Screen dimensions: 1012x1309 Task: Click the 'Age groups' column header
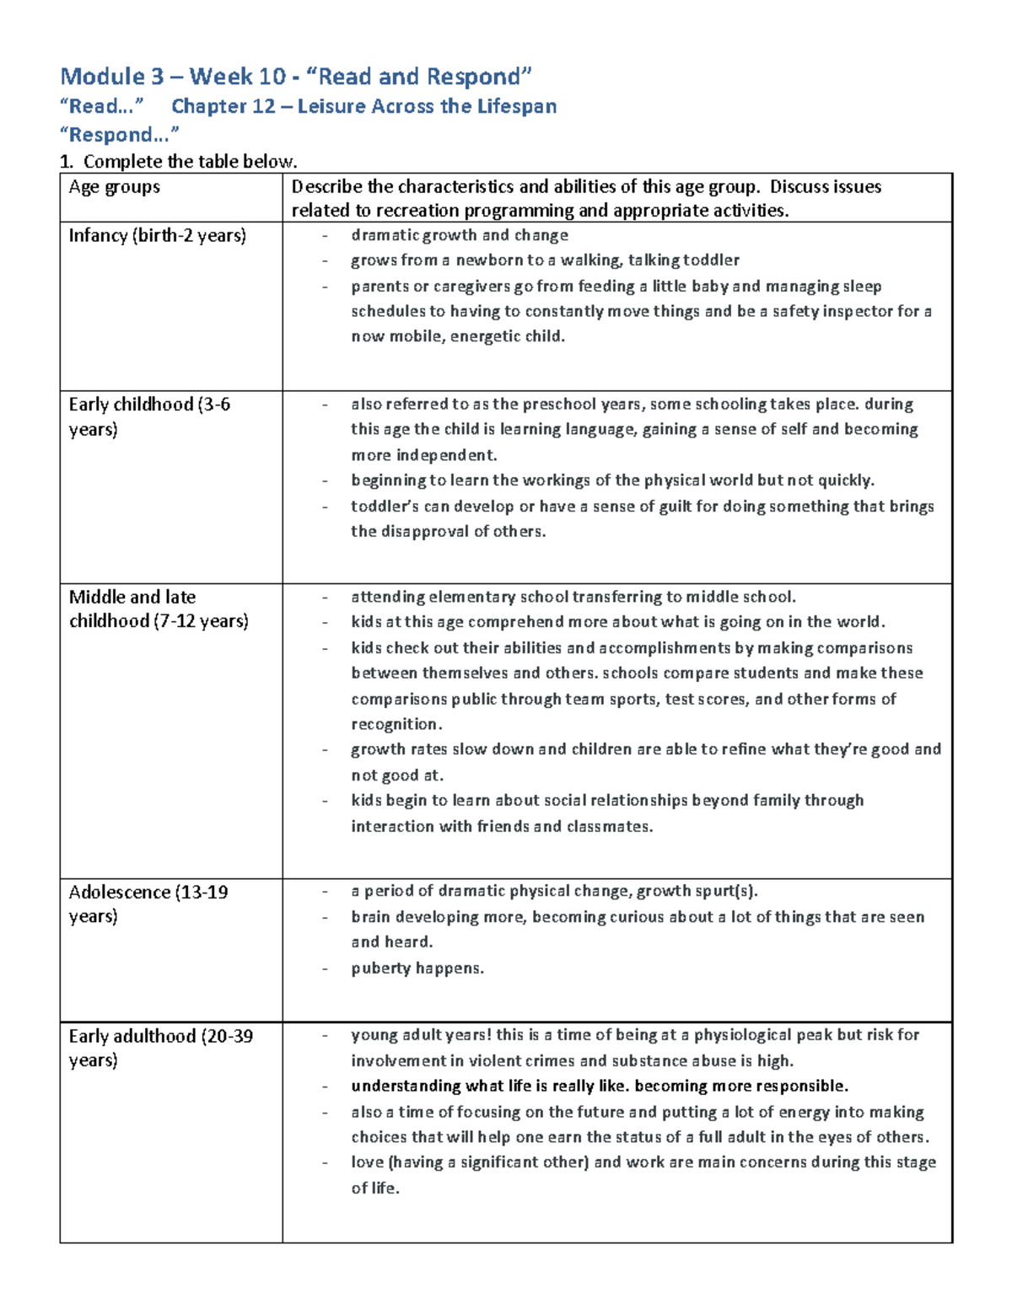(114, 187)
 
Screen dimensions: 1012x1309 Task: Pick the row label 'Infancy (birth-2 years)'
(157, 235)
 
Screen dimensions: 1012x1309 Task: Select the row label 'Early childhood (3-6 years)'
(148, 416)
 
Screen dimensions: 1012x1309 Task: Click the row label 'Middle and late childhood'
(158, 609)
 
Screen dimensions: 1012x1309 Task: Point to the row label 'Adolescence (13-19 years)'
(148, 904)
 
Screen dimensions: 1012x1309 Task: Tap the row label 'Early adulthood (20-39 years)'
(160, 1048)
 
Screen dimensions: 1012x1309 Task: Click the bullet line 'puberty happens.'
(417, 968)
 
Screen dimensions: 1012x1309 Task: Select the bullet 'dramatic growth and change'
(459, 235)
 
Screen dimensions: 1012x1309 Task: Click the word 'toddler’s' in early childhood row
(383, 507)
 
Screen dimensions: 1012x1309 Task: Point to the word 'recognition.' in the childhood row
(396, 724)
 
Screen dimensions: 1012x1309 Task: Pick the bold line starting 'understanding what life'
(599, 1086)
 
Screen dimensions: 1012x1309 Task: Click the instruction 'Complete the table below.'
(190, 162)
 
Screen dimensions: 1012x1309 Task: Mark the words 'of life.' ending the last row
(375, 1188)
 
